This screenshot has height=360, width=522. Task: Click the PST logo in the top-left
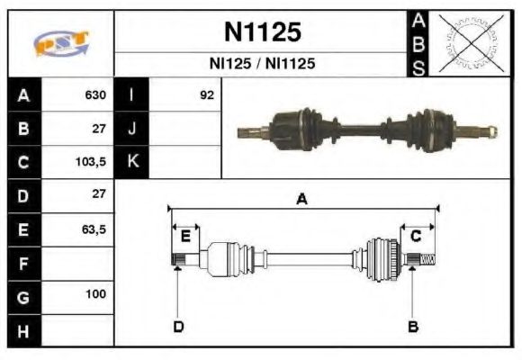(x=60, y=42)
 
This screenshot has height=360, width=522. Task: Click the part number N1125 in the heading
(x=261, y=32)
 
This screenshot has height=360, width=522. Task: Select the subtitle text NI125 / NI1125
(x=261, y=64)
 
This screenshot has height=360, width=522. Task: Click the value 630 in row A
(x=95, y=94)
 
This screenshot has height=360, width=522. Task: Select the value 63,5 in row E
(x=94, y=229)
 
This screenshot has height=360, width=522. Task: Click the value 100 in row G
(x=96, y=294)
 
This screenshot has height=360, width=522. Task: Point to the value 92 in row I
(x=207, y=94)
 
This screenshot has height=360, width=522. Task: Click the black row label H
(x=24, y=331)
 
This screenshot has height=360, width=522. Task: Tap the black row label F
(x=24, y=265)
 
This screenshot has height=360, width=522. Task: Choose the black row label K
(x=131, y=163)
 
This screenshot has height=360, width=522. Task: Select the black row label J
(x=131, y=129)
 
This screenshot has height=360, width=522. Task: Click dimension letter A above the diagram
(x=302, y=200)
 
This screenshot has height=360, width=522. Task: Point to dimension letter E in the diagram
(x=184, y=237)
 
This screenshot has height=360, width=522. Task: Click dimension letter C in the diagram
(x=416, y=237)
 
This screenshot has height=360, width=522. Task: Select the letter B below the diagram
(x=413, y=327)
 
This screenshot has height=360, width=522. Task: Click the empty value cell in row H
(x=78, y=331)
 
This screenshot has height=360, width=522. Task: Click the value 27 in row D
(x=98, y=193)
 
